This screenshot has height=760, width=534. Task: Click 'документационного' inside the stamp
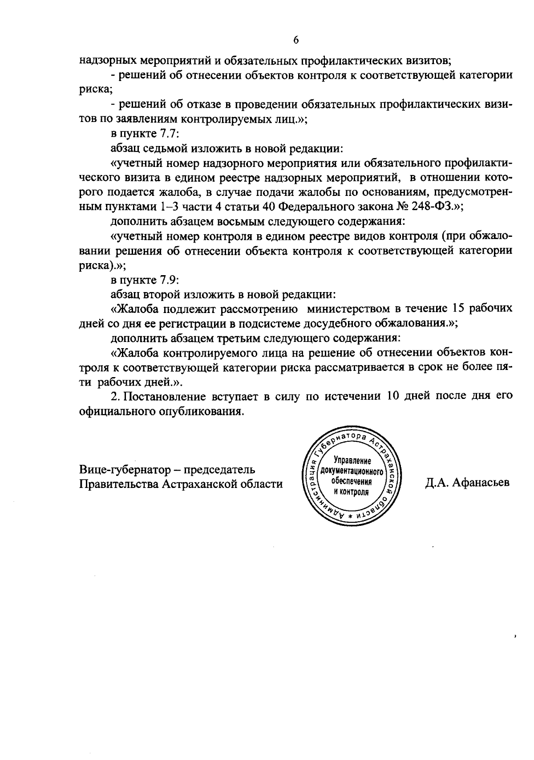pyautogui.click(x=352, y=471)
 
